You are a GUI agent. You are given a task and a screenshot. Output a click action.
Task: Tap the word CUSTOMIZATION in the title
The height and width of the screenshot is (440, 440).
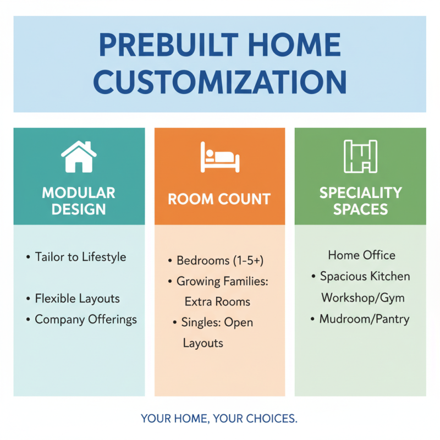219,81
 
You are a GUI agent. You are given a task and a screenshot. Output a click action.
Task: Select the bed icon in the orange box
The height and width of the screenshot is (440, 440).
219,157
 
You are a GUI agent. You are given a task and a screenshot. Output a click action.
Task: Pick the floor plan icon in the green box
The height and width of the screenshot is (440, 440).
360,157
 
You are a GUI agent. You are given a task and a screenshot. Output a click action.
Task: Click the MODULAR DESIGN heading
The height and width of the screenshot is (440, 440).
79,201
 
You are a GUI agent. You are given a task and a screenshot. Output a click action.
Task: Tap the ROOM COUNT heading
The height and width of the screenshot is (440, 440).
219,199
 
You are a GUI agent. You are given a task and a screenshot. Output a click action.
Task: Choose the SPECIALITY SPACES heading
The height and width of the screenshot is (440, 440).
360,201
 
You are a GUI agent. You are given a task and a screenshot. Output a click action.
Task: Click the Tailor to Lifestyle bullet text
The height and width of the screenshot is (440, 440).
80,257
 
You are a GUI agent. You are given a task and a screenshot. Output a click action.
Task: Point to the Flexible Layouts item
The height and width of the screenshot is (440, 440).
77,299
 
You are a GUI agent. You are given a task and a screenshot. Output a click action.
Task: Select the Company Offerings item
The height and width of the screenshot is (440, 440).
85,320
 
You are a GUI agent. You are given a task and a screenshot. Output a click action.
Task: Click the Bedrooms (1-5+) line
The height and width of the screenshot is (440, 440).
216,260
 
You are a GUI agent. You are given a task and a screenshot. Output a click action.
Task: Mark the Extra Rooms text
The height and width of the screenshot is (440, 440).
217,302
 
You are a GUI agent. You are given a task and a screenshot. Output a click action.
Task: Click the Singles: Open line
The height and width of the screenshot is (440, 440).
217,323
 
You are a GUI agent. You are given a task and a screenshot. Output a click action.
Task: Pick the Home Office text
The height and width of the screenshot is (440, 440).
361,255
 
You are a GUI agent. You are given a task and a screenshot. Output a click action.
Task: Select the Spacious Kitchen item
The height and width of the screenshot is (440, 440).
365,277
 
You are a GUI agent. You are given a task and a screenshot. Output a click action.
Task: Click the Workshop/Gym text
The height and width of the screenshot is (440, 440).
362,298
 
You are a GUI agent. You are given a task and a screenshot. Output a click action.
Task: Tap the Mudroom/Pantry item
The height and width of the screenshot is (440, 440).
364,319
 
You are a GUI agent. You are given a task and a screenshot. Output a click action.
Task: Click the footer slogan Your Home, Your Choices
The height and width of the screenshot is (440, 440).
219,419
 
